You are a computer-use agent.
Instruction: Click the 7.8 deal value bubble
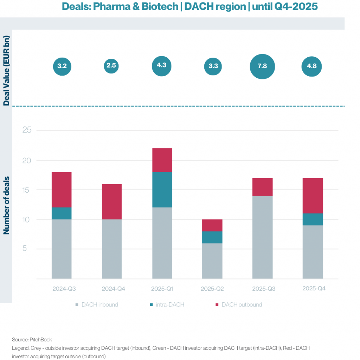click(x=262, y=66)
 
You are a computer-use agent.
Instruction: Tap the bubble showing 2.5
click(x=112, y=66)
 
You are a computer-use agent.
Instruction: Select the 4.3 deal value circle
click(x=162, y=66)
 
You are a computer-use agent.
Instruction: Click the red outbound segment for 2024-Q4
click(x=112, y=201)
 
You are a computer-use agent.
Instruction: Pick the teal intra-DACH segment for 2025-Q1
click(x=162, y=189)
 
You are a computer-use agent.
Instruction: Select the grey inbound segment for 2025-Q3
click(x=262, y=237)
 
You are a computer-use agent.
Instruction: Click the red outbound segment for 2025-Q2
click(x=212, y=225)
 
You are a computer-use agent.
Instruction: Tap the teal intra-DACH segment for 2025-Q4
click(x=313, y=219)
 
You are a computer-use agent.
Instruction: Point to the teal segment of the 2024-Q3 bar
click(x=62, y=213)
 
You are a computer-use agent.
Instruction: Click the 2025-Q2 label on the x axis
click(x=212, y=289)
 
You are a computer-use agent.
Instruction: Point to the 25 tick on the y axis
click(x=27, y=130)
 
